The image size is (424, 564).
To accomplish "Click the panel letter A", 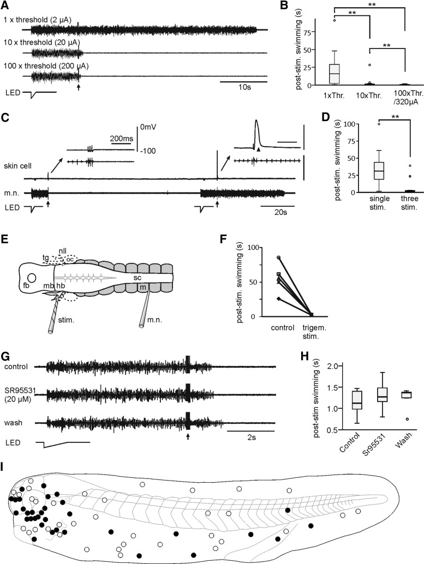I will point(5,5).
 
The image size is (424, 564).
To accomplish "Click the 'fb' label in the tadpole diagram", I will point(26,285).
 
